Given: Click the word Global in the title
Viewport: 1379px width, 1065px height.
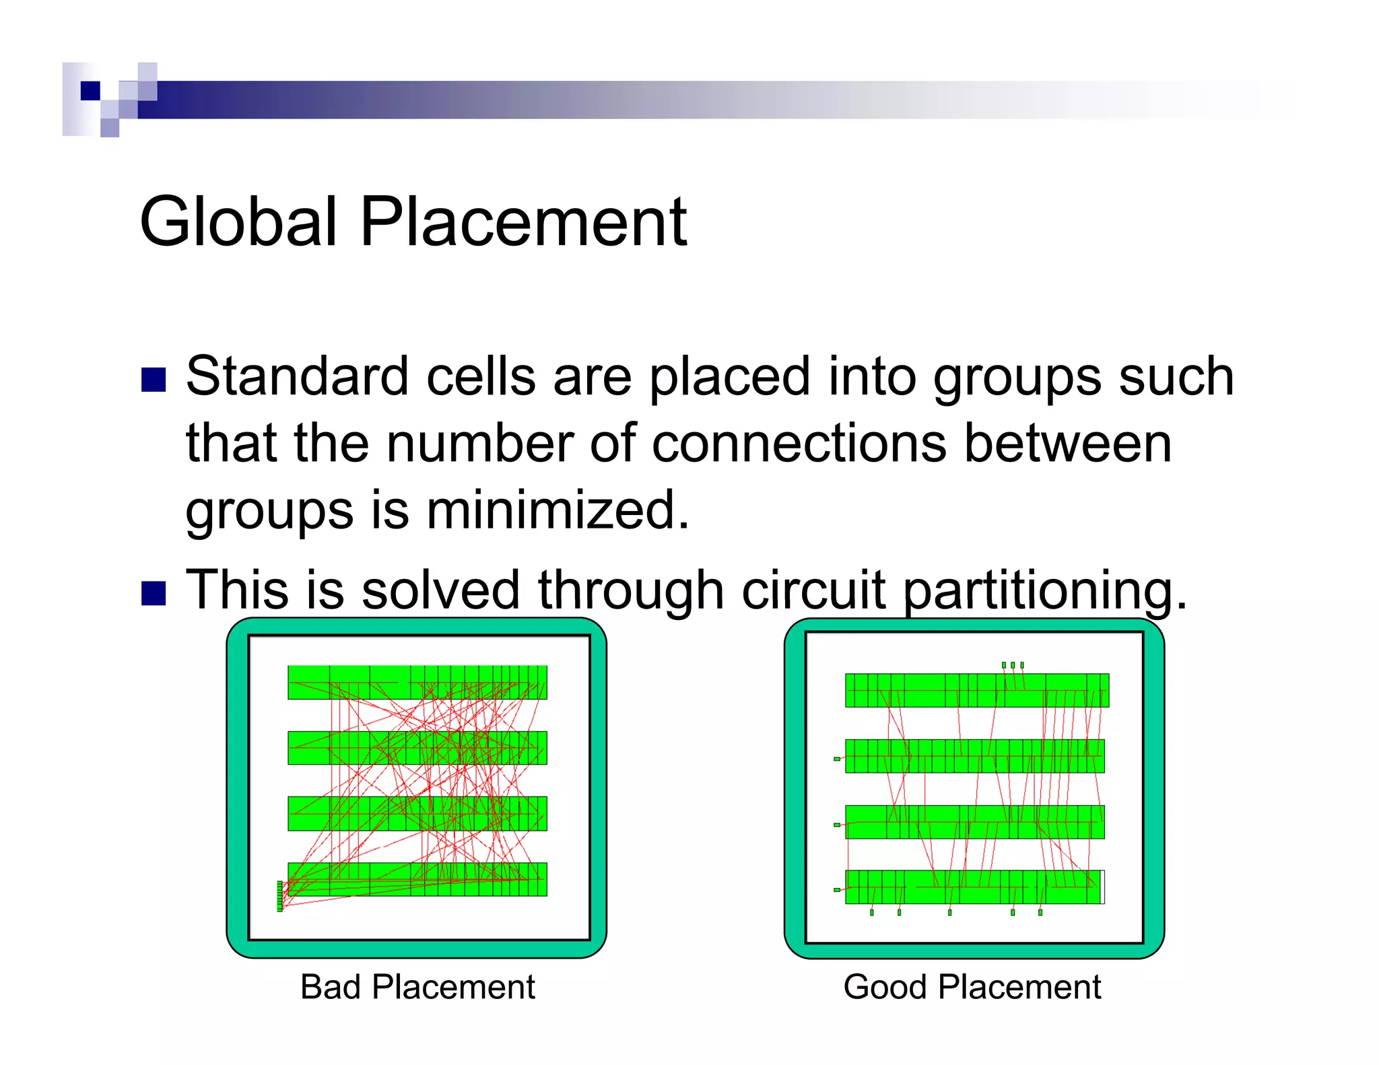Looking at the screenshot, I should click(238, 221).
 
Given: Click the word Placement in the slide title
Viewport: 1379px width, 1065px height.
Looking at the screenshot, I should click(523, 221).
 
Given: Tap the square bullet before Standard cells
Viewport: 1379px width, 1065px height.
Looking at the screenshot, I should click(154, 380).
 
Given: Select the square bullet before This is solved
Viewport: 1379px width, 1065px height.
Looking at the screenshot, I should click(154, 593).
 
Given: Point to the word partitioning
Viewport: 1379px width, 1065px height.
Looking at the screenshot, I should click(1044, 590).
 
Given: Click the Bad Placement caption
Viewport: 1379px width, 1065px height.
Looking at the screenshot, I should click(417, 987).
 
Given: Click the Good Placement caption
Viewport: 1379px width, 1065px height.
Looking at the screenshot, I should click(972, 987).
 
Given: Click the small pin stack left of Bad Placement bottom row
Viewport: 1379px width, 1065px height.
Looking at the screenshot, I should click(280, 895).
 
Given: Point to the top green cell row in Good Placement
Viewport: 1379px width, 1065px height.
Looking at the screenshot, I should click(976, 689).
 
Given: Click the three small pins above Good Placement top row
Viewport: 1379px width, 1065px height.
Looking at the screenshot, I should click(1012, 665).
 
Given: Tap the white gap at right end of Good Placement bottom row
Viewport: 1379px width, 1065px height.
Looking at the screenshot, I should click(1102, 887).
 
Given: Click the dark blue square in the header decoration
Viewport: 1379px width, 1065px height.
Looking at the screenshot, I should click(90, 90).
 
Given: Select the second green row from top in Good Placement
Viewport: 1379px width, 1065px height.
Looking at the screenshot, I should click(974, 755).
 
